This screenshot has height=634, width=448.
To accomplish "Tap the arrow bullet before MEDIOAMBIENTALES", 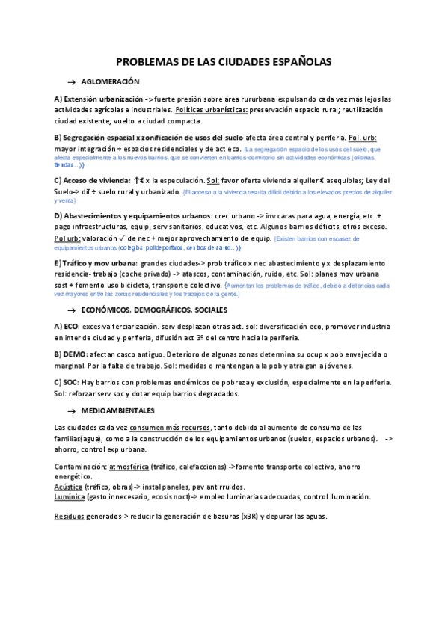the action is click(x=72, y=411).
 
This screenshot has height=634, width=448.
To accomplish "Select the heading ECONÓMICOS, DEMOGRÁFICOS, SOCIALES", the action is click(x=153, y=309).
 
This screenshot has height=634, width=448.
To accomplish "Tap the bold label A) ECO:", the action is click(x=67, y=327).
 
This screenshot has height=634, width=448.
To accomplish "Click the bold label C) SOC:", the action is click(x=68, y=382).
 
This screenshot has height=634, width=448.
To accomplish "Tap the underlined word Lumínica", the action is click(x=70, y=496).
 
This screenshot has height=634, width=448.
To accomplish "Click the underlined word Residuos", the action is click(x=70, y=517).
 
